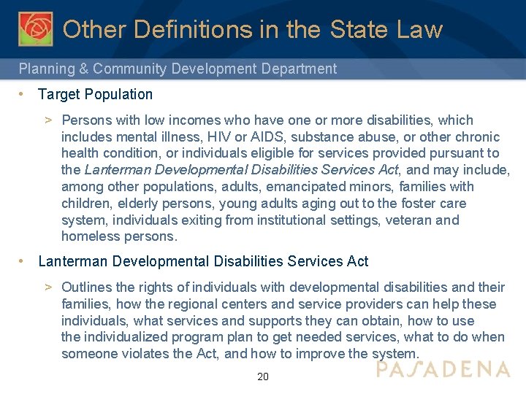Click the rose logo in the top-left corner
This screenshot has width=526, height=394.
click(36, 28)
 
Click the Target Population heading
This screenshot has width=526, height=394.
click(95, 94)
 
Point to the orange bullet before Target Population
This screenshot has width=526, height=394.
click(23, 94)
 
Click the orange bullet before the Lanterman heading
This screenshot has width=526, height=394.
click(23, 261)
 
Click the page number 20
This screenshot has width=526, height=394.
click(263, 376)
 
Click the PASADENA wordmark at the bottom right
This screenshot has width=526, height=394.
click(443, 369)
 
